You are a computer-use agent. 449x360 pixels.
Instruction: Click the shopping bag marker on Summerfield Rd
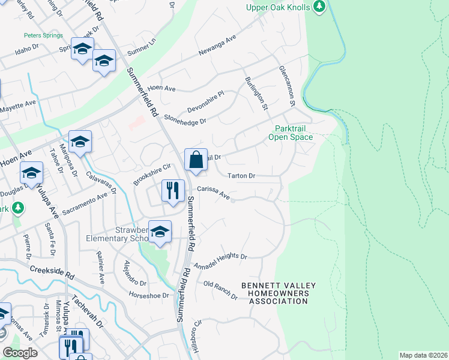(196, 160)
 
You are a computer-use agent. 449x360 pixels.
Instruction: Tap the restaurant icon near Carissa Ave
(173, 191)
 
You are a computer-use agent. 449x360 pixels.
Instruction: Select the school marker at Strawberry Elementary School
(160, 232)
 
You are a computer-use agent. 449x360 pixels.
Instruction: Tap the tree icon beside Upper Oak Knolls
(320, 7)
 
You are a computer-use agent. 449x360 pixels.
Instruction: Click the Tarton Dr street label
(243, 176)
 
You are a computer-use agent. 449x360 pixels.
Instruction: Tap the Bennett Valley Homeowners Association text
(279, 293)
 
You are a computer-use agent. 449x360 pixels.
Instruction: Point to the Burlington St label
(256, 94)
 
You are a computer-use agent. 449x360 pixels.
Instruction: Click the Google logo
(20, 353)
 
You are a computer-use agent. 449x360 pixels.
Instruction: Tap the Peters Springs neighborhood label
(43, 35)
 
